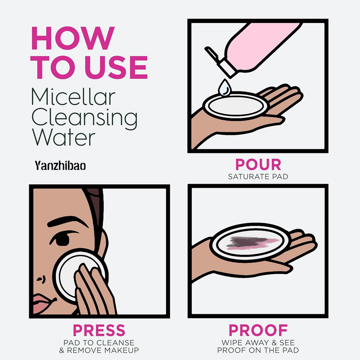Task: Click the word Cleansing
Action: tap(85, 118)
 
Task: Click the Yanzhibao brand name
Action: tap(61, 165)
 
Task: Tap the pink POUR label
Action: tap(258, 165)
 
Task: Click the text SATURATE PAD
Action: tap(258, 176)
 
